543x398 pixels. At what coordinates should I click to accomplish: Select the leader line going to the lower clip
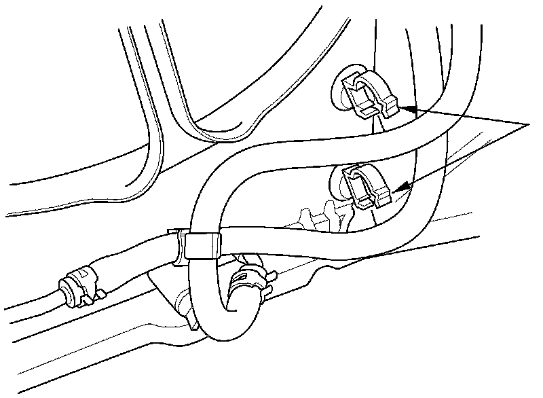point(468,154)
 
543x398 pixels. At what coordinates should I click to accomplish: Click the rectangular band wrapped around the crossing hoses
point(202,245)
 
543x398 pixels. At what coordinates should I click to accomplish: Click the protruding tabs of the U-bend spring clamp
point(269,277)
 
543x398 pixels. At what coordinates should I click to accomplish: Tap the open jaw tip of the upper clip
point(389,105)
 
